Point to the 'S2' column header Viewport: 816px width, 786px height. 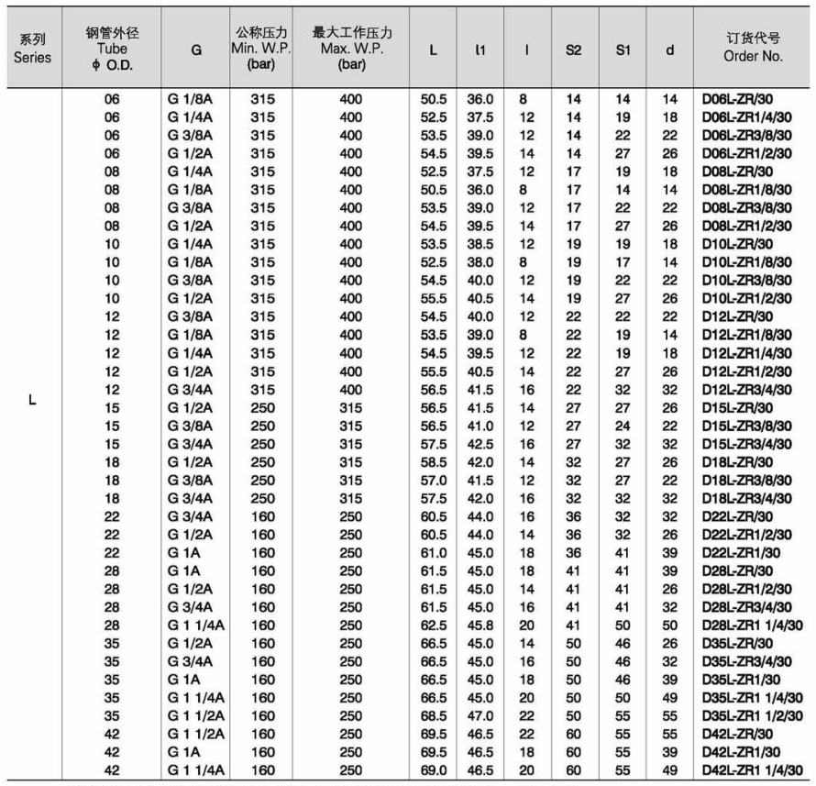tap(574, 51)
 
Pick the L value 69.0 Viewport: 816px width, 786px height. tap(434, 769)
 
